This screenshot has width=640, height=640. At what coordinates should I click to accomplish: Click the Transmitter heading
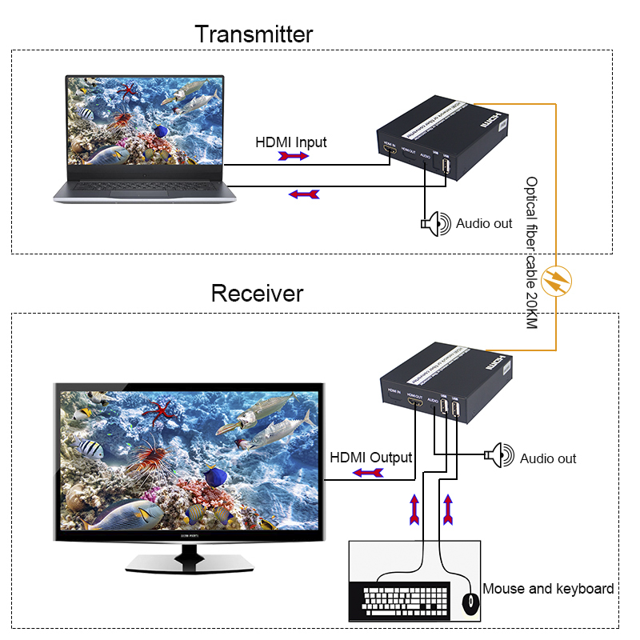254,34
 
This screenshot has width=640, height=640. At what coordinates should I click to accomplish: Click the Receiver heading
257,293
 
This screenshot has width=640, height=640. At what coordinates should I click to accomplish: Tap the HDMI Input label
291,142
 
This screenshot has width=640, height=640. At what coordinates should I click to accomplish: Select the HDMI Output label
371,458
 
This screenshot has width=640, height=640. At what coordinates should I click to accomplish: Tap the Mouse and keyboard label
548,589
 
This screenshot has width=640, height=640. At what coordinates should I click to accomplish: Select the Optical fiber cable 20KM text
531,253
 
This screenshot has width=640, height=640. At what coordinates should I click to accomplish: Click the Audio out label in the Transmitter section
484,224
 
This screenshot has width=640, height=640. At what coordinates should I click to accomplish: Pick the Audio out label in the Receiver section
548,458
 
